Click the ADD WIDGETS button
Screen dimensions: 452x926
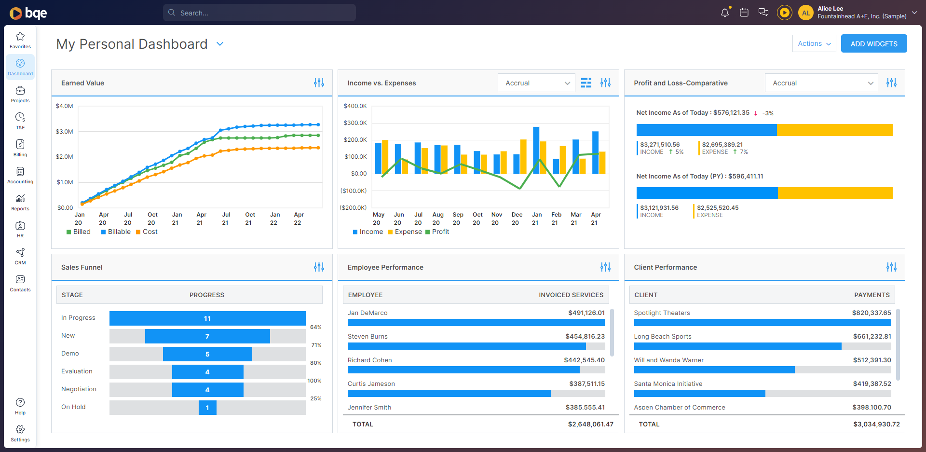[873, 43]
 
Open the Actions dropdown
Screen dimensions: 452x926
[814, 43]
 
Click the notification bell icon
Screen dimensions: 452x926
[724, 13]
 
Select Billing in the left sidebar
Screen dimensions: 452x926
[20, 148]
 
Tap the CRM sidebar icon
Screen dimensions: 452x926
[20, 256]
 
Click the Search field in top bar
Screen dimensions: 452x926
[259, 13]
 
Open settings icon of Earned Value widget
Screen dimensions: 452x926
[319, 83]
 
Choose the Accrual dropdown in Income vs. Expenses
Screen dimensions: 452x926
[536, 83]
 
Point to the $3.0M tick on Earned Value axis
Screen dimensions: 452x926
[65, 131]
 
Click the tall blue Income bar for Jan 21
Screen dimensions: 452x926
[536, 150]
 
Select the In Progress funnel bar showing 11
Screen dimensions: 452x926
[207, 318]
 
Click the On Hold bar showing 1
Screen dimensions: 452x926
[207, 408]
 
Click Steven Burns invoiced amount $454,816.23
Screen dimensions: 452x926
[585, 337]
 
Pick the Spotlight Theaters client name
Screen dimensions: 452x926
[662, 313]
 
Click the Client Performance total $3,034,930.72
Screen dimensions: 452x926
[876, 425]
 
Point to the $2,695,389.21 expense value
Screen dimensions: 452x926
[722, 145]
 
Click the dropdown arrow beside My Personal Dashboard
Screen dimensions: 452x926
[220, 44]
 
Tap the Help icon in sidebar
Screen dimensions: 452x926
[20, 405]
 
